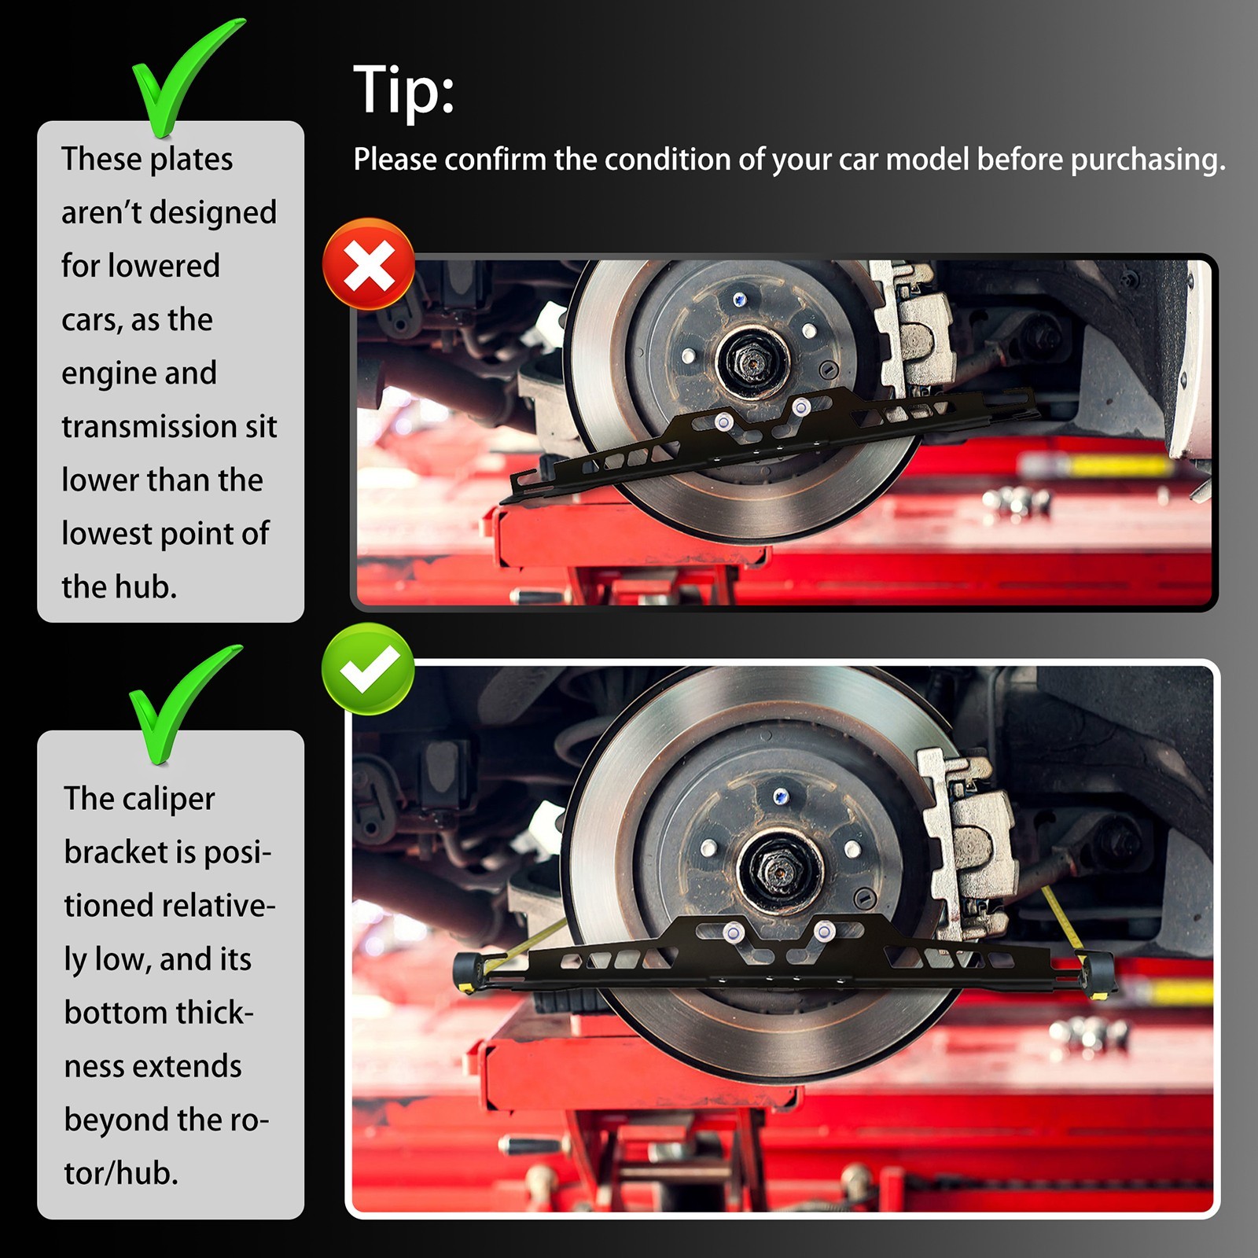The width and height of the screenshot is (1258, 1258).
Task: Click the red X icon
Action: [369, 264]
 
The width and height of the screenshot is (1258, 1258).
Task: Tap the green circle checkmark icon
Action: [368, 669]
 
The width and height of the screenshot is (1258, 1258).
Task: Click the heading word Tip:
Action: [404, 90]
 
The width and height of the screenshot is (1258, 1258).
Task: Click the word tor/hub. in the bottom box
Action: [121, 1173]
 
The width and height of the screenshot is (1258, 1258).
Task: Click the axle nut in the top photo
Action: [752, 362]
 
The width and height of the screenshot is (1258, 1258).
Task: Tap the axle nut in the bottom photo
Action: [781, 870]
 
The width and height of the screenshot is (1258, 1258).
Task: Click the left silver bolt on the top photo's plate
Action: [723, 422]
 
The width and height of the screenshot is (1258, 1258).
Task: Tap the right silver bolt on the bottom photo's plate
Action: [824, 932]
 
